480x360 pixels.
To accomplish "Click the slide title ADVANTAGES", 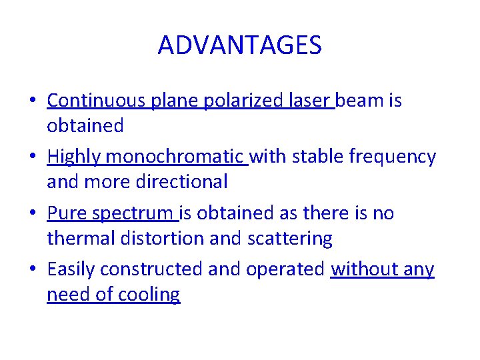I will (240, 45).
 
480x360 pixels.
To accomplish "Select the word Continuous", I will (97, 101).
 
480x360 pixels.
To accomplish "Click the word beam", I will (360, 101).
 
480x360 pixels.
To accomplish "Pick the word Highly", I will (74, 157).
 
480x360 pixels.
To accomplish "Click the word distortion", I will (159, 238).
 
